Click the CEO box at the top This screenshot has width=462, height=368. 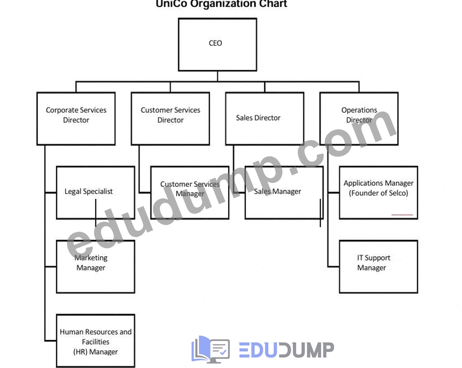(x=217, y=45)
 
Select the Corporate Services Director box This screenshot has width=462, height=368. (x=76, y=119)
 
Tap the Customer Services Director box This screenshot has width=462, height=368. (x=170, y=119)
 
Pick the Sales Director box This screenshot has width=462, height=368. (x=265, y=119)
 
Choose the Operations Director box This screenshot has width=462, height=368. (x=359, y=119)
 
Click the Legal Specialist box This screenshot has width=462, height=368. (x=96, y=193)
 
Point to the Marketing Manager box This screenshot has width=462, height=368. (x=96, y=267)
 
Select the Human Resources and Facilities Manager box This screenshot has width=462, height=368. (x=96, y=341)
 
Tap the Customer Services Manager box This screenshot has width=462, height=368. (x=190, y=193)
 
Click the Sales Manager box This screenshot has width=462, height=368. (x=284, y=193)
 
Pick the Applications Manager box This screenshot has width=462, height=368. (x=378, y=193)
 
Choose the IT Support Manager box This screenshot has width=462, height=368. (x=378, y=267)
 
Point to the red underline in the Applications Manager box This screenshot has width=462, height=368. (x=402, y=215)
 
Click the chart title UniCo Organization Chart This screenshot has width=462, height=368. (x=221, y=4)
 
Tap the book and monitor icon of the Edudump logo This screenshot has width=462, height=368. (x=210, y=349)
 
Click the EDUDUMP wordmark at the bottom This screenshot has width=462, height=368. (x=287, y=350)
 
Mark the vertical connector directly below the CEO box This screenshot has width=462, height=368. (x=217, y=76)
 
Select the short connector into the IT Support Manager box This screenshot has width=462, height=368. (x=334, y=267)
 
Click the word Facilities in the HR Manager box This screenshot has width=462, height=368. (x=96, y=342)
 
